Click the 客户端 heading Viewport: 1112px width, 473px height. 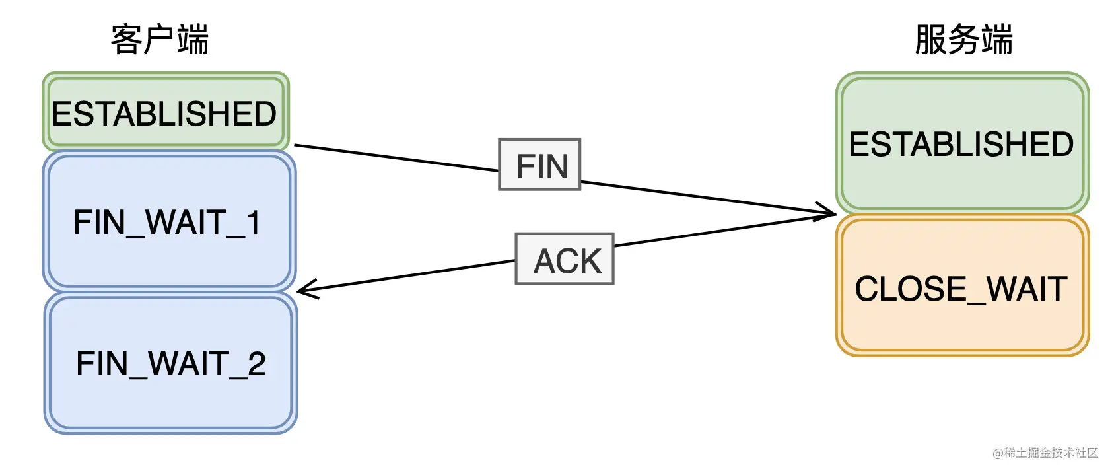[159, 40]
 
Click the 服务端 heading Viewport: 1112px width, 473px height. [963, 40]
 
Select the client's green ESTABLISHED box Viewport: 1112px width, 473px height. [165, 113]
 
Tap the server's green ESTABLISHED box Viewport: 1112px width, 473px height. [961, 143]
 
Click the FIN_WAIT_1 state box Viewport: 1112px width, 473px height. [168, 222]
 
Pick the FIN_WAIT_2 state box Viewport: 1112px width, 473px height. [170, 363]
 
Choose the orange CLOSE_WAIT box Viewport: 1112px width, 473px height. [961, 288]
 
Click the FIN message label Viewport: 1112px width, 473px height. [540, 165]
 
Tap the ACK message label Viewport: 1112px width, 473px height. [565, 260]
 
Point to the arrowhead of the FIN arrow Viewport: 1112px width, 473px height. [831, 213]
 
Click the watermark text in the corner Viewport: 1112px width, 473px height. [1045, 453]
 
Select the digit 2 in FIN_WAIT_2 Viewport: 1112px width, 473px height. [257, 363]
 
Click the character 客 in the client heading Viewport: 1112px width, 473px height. [126, 40]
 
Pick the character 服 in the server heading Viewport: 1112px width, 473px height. [930, 40]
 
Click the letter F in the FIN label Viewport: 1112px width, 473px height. [523, 166]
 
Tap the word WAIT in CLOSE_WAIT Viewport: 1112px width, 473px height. [1027, 288]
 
